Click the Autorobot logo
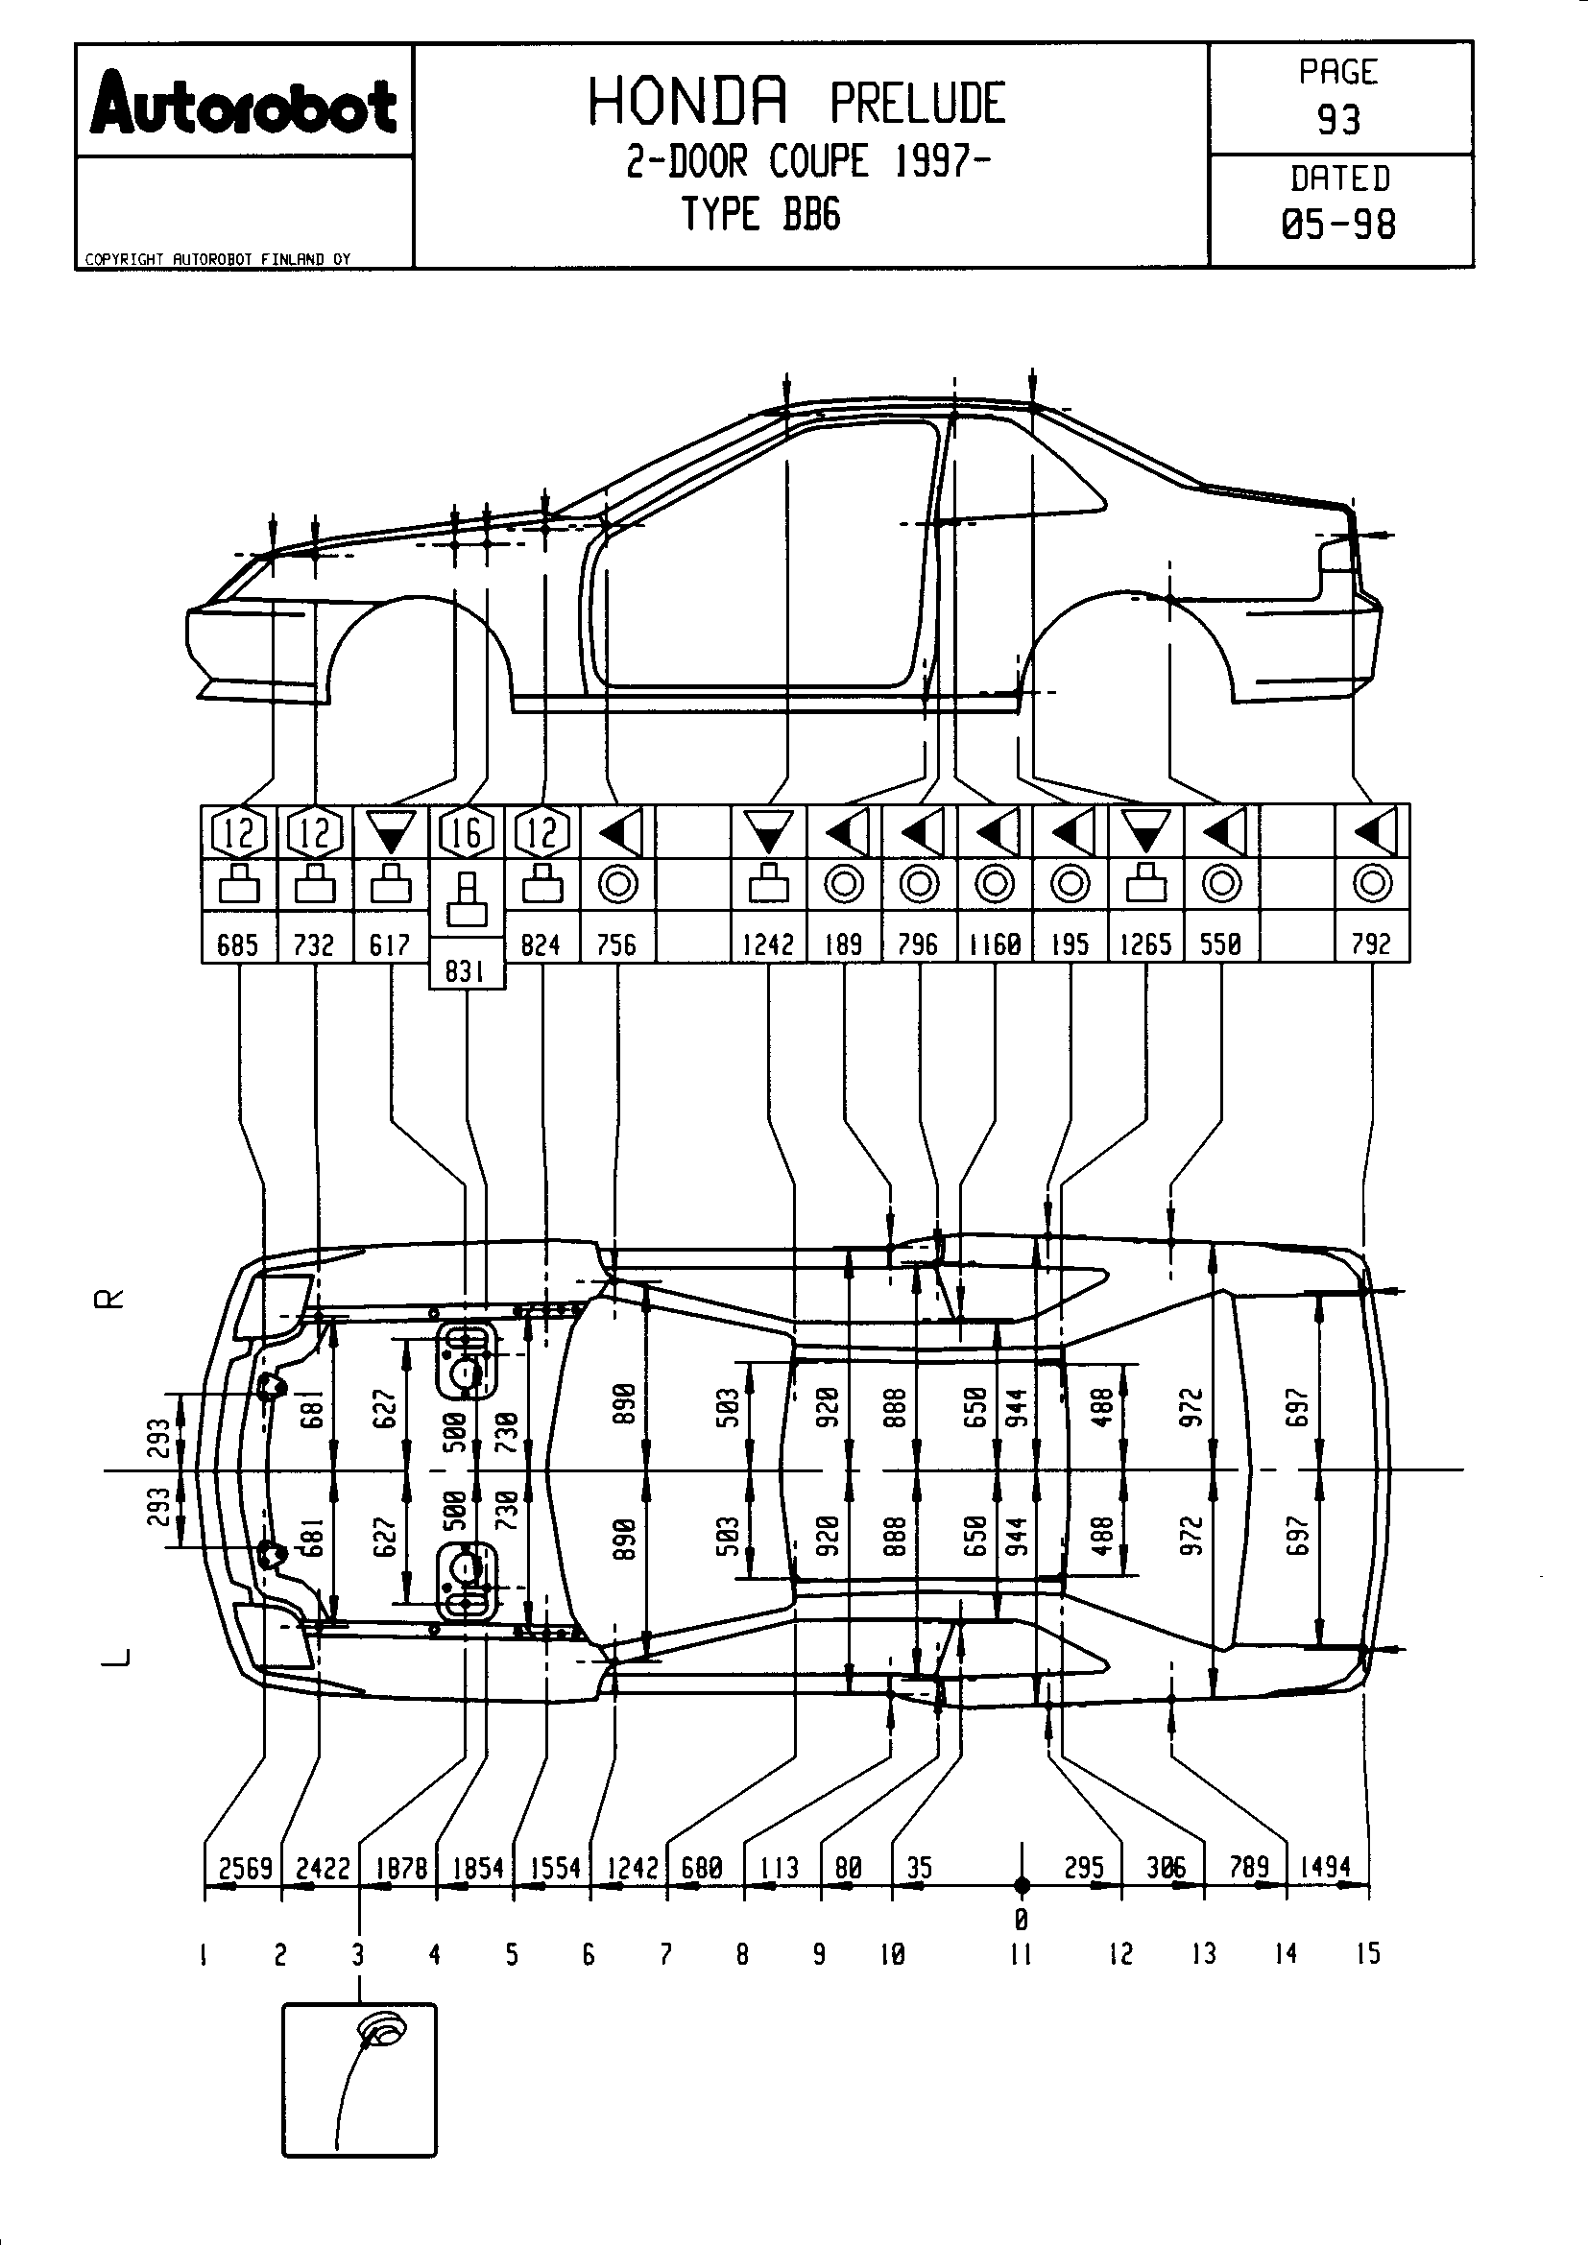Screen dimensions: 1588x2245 point(244,103)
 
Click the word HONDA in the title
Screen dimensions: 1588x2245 point(687,103)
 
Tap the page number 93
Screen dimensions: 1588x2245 point(1338,119)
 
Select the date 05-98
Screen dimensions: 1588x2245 point(1338,225)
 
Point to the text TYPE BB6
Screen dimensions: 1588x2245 point(760,213)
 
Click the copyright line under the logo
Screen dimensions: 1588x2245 point(217,259)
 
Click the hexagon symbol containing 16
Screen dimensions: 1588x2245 point(466,832)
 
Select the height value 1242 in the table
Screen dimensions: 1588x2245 point(769,943)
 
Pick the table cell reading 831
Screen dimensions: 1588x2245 point(466,971)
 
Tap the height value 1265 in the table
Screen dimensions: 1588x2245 point(1145,943)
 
